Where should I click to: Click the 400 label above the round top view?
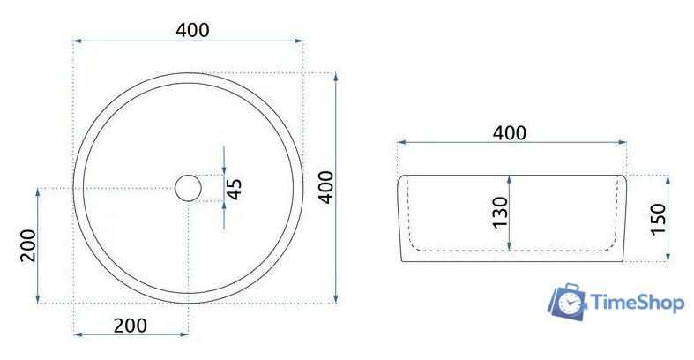(x=192, y=30)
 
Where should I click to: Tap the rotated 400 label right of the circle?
(x=325, y=188)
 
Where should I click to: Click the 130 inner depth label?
(x=500, y=213)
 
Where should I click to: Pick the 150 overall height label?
(x=656, y=219)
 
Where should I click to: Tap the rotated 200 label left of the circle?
(x=27, y=245)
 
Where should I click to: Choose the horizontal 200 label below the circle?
(x=131, y=325)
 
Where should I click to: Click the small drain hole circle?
(x=188, y=188)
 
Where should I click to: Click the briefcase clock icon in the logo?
(x=565, y=303)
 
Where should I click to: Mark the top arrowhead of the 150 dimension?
(x=668, y=179)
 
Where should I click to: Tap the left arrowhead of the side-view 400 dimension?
(x=401, y=141)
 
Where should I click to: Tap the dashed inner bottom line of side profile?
(x=511, y=251)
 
